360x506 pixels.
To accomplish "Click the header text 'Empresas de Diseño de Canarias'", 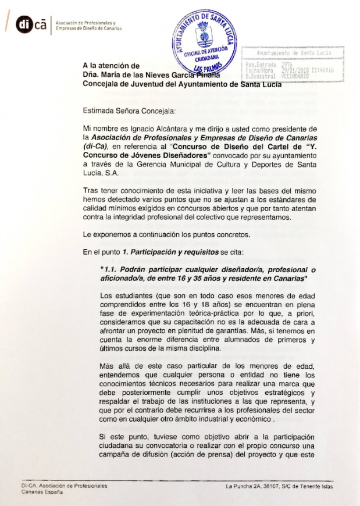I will click(x=88, y=28).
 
